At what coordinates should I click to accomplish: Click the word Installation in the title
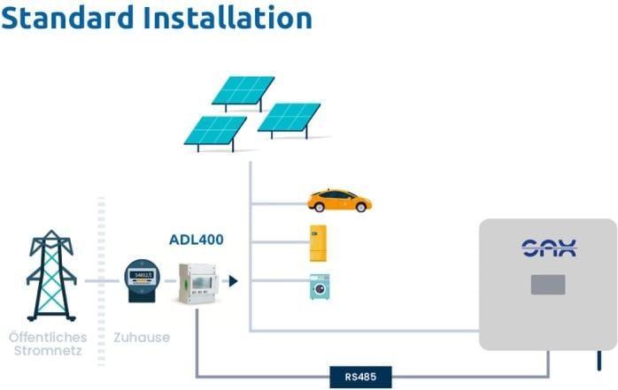pyautogui.click(x=232, y=18)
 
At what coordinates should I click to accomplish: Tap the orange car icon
pyautogui.click(x=339, y=201)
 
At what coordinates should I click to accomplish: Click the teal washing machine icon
pyautogui.click(x=320, y=287)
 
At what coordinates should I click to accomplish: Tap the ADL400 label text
pyautogui.click(x=197, y=240)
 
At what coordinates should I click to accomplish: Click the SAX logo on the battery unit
pyautogui.click(x=548, y=249)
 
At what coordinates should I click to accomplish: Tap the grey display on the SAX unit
pyautogui.click(x=548, y=285)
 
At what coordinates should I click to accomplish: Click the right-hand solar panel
pyautogui.click(x=290, y=119)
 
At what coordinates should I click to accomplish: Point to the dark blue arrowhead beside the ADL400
pyautogui.click(x=233, y=281)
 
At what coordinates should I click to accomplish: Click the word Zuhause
pyautogui.click(x=141, y=337)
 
